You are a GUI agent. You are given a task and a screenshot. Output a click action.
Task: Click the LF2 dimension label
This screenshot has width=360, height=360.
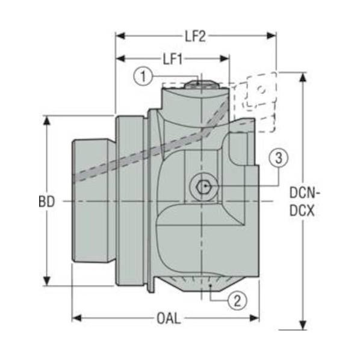196,37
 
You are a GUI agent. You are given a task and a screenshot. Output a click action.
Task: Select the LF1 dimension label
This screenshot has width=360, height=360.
173,60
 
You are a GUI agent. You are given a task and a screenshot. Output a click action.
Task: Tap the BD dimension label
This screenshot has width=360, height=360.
47,202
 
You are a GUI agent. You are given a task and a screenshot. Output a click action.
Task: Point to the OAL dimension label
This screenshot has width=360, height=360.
169,318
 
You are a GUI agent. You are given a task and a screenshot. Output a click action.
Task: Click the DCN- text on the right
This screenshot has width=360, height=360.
305,193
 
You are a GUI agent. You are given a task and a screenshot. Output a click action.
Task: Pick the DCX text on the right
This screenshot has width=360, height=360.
302,211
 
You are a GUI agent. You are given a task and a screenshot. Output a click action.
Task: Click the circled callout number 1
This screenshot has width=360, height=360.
143,76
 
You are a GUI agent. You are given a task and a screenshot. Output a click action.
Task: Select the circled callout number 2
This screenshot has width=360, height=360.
238,300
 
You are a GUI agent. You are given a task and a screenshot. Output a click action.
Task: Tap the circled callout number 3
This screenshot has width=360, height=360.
279,158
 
